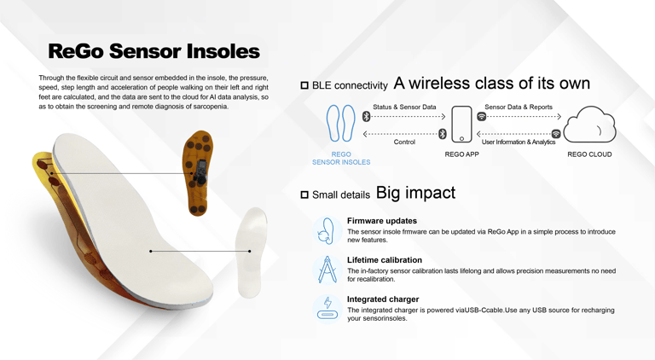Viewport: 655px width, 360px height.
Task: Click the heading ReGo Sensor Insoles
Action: [x=154, y=51]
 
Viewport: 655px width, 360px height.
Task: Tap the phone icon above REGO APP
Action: [x=461, y=125]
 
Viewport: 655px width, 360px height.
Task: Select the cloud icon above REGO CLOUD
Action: [x=589, y=125]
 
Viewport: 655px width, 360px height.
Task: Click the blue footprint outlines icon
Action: [x=340, y=123]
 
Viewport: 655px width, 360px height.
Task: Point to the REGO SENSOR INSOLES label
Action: [x=341, y=159]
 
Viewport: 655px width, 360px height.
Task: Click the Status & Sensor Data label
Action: [x=404, y=107]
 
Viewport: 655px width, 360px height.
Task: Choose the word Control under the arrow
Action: [x=404, y=142]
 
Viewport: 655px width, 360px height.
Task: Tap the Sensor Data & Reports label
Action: [x=519, y=107]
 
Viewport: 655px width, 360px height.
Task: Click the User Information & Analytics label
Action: [x=519, y=142]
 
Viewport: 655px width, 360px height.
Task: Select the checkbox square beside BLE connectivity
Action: [x=304, y=85]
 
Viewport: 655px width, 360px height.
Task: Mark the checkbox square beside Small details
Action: [x=304, y=195]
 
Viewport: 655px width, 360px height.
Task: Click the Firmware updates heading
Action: [x=382, y=220]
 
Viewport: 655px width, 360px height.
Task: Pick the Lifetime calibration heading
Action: [x=385, y=260]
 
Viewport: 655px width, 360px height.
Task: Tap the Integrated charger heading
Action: [x=383, y=299]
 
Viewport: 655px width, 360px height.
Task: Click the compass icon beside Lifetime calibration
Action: [x=327, y=270]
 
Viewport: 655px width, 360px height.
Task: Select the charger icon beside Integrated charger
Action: [x=327, y=309]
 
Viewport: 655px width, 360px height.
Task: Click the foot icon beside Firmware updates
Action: [x=327, y=230]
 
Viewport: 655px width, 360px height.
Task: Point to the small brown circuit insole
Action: [x=198, y=173]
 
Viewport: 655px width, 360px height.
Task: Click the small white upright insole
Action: [x=251, y=253]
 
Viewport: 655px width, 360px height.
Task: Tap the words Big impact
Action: [x=415, y=193]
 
